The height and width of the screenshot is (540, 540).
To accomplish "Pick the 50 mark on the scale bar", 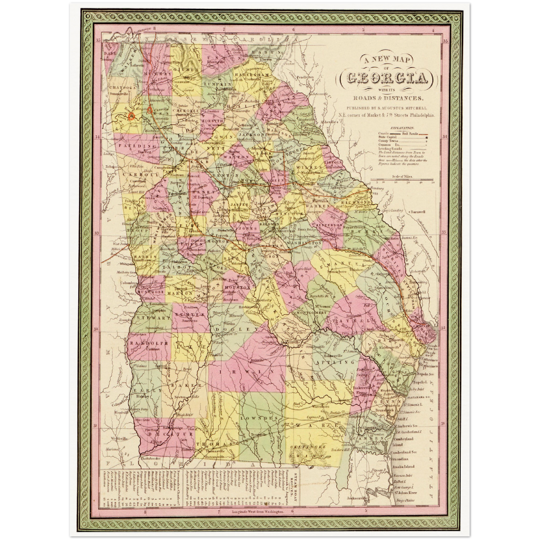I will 432,183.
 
